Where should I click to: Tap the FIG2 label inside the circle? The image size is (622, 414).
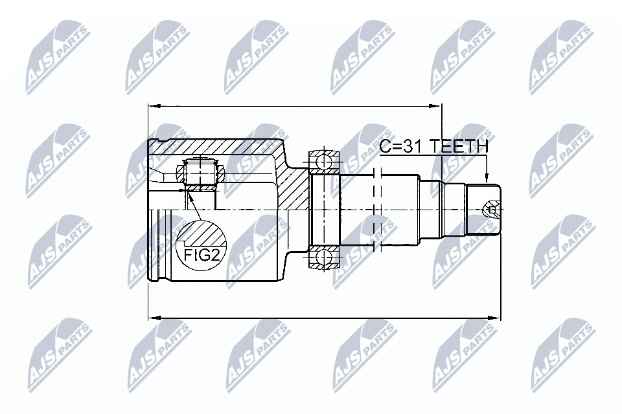tap(201, 254)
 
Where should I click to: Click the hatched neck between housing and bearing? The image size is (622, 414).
tap(295, 188)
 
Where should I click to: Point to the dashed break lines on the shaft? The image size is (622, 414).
tap(378, 207)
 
